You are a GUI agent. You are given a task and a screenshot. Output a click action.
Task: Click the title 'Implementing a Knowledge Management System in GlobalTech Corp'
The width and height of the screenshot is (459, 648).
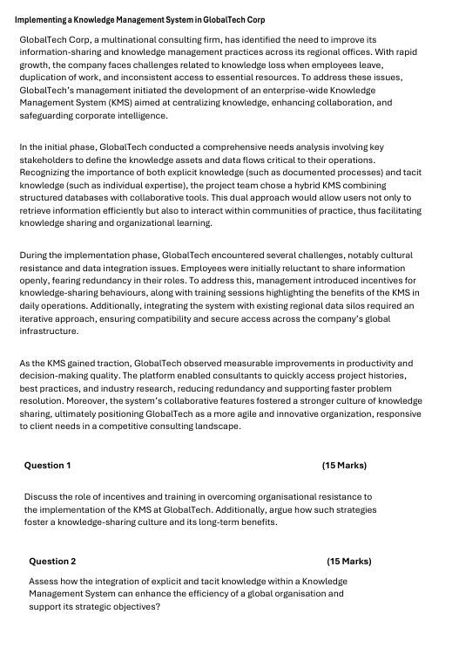140,19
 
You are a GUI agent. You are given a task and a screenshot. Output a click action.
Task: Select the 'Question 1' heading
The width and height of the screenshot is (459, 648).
48,465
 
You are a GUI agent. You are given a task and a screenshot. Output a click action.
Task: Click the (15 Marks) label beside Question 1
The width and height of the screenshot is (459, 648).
344,465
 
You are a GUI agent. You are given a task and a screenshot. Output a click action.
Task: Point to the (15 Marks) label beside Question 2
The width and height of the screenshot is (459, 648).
348,561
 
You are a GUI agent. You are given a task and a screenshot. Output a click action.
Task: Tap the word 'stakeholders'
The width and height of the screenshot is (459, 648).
51,160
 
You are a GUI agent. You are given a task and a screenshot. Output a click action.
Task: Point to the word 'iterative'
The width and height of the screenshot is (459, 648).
40,320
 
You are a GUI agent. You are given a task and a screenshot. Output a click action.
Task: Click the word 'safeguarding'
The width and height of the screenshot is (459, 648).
51,115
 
